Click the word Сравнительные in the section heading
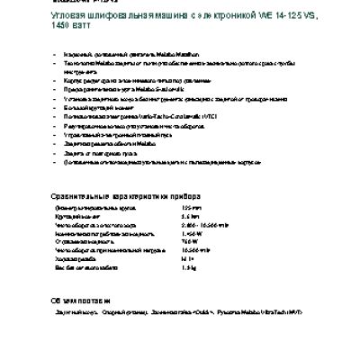[x=85, y=195]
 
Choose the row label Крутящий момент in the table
[x=79, y=216]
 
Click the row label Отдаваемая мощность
[x=85, y=241]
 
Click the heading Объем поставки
[x=80, y=300]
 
